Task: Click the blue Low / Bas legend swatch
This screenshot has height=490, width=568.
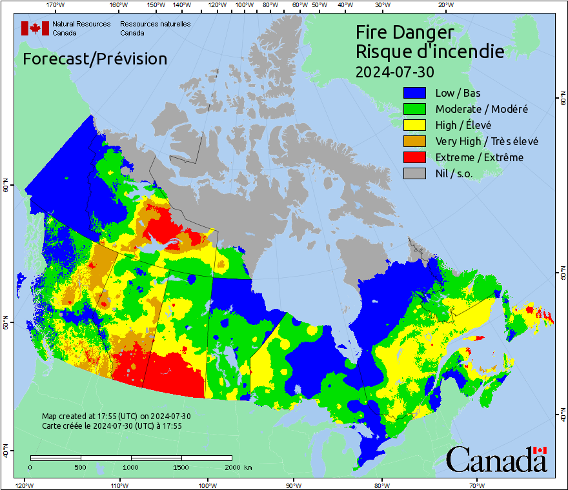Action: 416,93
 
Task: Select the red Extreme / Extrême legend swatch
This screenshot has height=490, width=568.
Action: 416,157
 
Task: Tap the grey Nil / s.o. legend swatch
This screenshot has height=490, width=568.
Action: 416,173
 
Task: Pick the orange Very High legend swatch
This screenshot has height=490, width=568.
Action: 416,141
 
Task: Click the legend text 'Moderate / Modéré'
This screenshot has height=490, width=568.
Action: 482,109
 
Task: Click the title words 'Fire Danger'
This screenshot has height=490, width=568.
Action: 405,32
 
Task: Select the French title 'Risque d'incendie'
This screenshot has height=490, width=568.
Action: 430,51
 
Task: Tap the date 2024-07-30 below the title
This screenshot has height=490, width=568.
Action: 395,70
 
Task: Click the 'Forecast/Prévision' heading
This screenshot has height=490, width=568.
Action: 95,59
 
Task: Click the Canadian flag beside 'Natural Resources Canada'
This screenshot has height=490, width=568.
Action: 35,28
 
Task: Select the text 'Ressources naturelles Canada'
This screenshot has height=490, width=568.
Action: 155,28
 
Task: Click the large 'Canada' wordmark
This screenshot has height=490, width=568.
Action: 496,460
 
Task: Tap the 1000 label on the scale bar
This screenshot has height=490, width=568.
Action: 131,467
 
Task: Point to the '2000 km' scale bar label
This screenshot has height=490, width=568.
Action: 238,467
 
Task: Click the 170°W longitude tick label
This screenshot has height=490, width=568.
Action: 56,5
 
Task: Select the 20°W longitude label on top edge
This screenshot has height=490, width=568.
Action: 445,5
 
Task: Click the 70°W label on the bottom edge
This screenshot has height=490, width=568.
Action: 477,485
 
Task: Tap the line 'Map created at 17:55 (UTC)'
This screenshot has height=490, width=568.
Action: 116,416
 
